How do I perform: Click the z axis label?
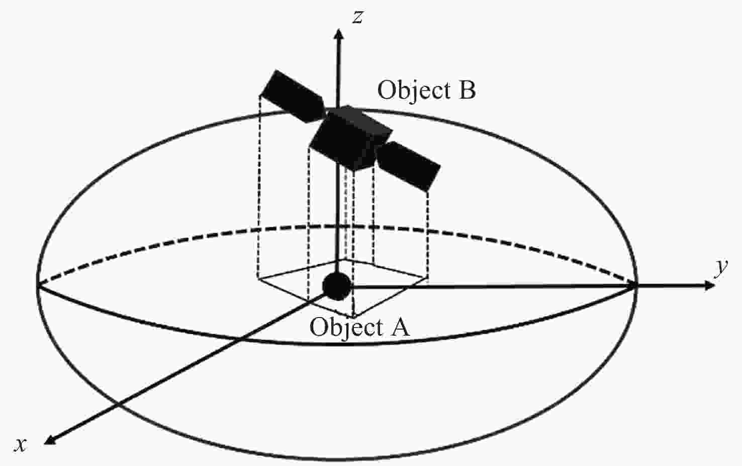click(357, 18)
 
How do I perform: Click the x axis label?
click(21, 444)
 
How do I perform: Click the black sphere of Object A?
click(336, 286)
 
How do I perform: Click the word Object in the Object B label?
click(413, 91)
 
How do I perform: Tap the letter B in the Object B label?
click(467, 91)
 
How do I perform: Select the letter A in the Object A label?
click(400, 328)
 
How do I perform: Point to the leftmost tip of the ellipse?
click(38, 285)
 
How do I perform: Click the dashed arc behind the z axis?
click(339, 226)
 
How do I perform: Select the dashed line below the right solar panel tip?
click(428, 231)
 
